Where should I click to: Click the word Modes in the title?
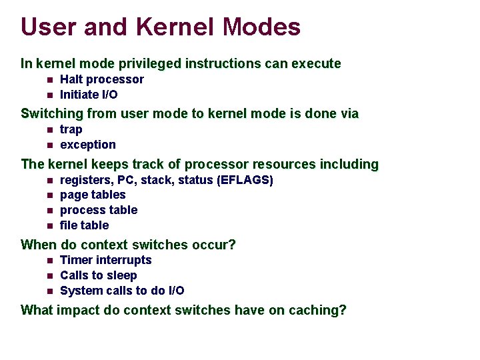262,27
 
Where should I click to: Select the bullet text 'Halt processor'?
102,79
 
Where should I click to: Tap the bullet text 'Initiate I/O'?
89,95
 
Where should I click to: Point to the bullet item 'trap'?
71,129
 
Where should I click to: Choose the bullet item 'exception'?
88,145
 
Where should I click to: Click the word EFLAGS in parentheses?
245,180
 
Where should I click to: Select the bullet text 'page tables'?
93,195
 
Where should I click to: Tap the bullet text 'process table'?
99,210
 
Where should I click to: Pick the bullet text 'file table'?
84,225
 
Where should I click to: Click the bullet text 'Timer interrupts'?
106,260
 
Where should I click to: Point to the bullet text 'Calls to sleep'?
99,275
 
